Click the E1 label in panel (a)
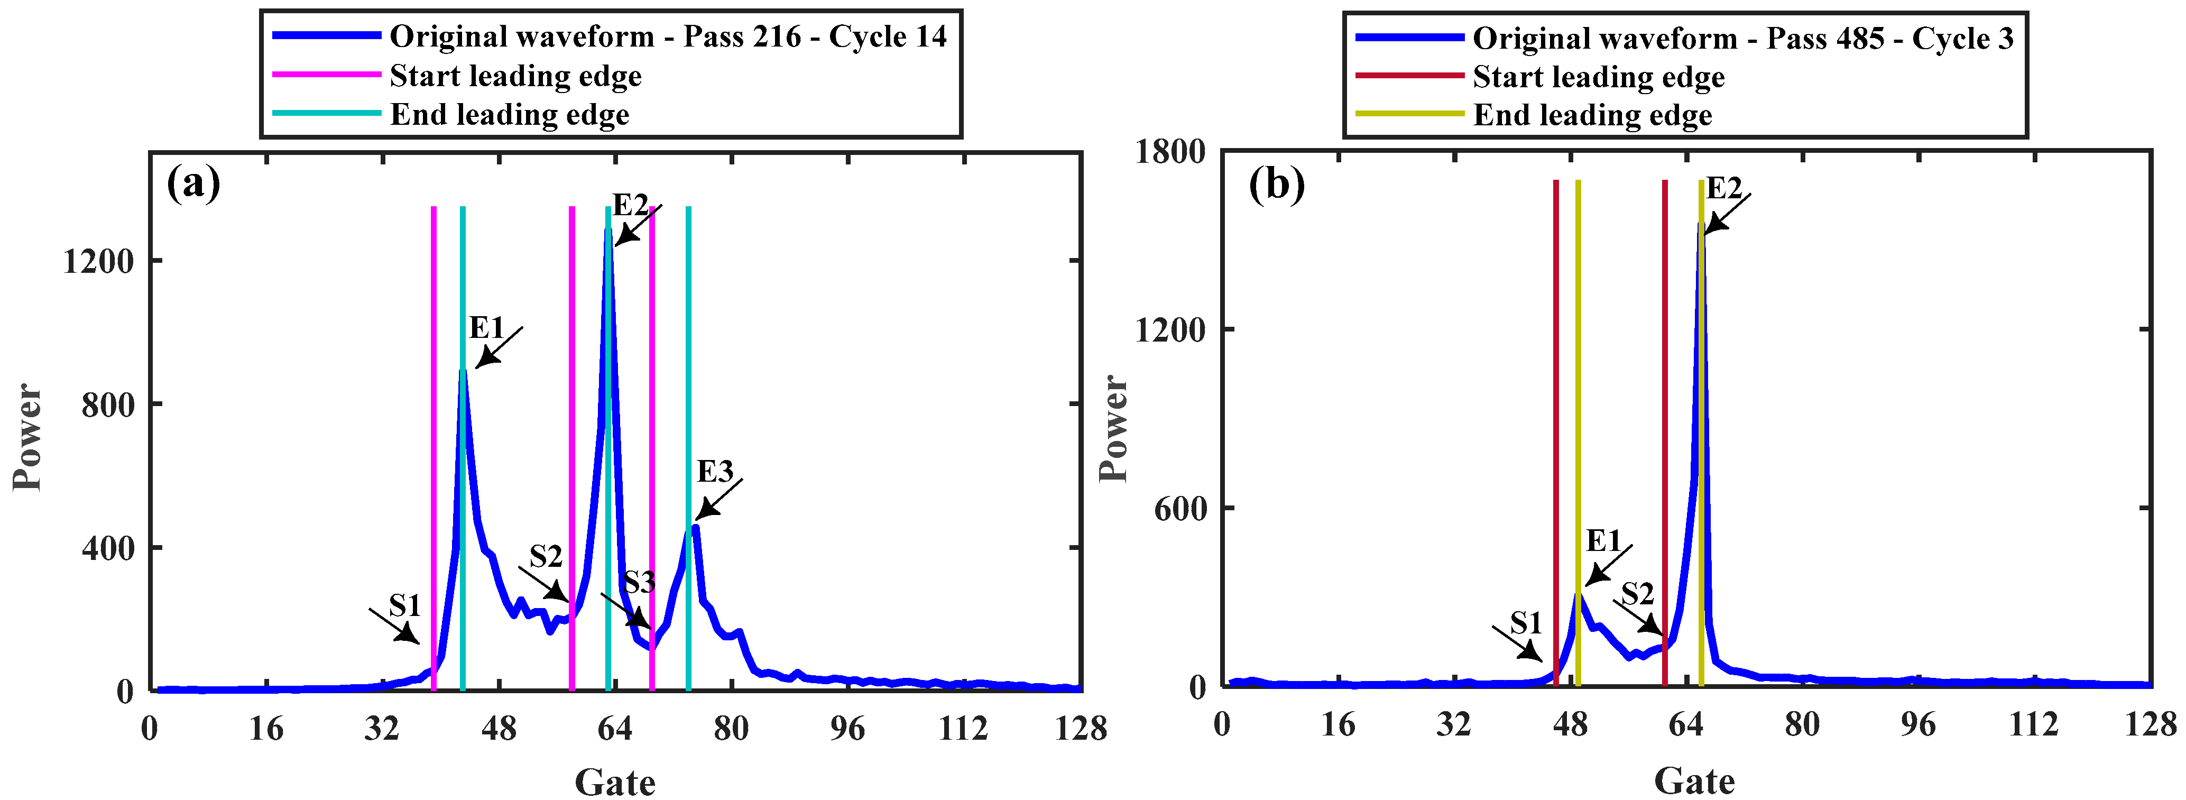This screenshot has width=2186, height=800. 486,327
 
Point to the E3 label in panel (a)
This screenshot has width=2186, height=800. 715,472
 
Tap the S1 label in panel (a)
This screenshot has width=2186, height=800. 405,606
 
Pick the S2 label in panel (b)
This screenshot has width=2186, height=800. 1637,594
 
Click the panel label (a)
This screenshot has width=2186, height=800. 193,182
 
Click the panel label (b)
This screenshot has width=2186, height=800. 1276,184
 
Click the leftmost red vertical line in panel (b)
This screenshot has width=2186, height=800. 1555,433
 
